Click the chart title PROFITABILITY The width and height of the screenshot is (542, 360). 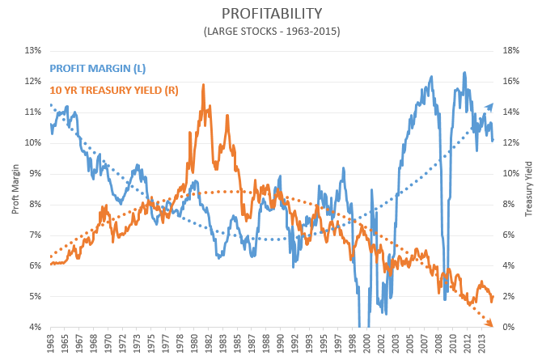[271, 14]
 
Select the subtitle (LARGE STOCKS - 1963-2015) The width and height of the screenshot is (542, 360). [271, 32]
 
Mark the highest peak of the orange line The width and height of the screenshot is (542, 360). [203, 84]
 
